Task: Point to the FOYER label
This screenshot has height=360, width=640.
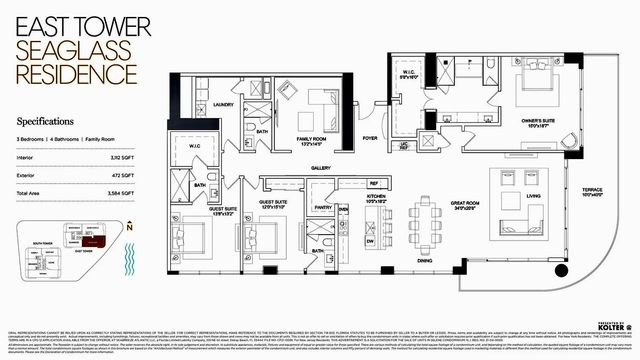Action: [x=370, y=138]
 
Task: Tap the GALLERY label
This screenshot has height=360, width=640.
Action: [x=321, y=168]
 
